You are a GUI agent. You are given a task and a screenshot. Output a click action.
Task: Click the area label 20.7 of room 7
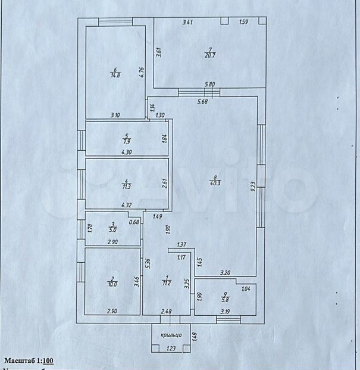(210, 55)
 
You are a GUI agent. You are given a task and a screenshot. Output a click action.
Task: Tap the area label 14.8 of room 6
(115, 74)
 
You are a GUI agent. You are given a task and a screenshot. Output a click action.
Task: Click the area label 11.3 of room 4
(126, 186)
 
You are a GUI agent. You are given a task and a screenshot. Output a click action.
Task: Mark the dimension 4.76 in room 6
(142, 73)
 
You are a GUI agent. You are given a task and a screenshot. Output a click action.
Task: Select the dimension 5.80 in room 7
(210, 84)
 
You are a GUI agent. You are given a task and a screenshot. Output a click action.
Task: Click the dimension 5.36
(146, 262)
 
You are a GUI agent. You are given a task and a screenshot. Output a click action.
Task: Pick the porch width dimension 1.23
(171, 348)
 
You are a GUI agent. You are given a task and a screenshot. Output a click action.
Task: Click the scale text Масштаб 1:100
(30, 360)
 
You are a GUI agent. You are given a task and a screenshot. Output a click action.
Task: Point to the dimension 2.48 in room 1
(167, 311)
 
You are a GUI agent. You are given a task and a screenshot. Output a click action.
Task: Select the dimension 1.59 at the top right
(243, 23)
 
